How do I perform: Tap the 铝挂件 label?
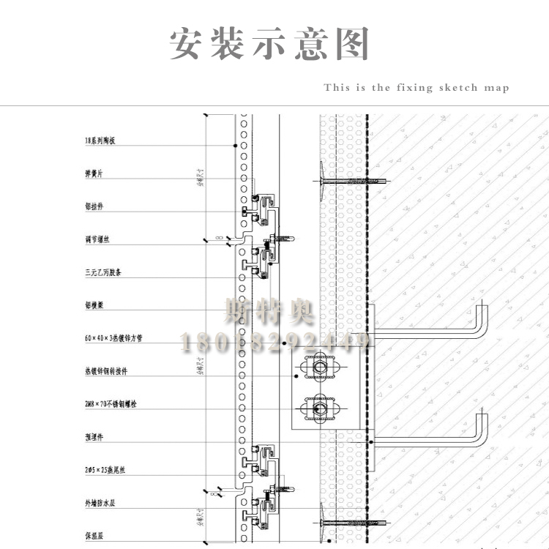tap(94, 206)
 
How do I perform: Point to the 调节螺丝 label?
tap(97, 239)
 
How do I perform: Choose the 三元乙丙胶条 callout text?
tap(103, 272)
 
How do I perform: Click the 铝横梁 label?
tap(94, 305)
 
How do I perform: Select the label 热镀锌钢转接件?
tap(106, 371)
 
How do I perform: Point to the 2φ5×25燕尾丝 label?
tap(108, 469)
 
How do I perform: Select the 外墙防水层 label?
tap(100, 503)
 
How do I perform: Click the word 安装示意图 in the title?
tap(269, 45)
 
